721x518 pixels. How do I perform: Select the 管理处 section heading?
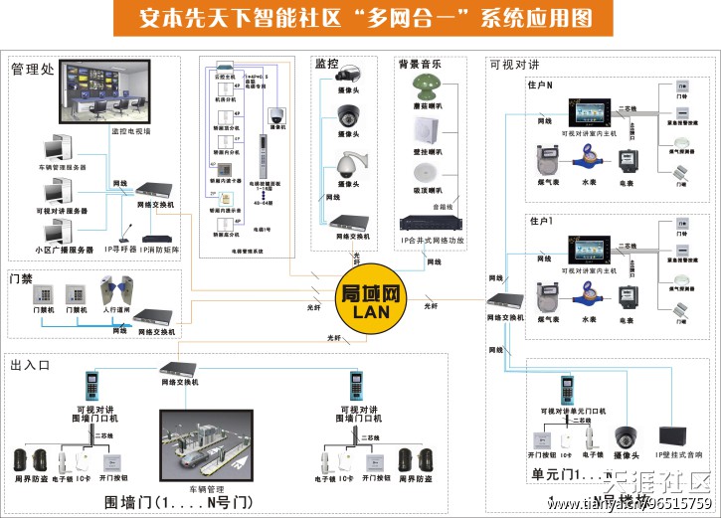(x=32, y=70)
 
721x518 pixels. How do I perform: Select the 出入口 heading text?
(x=30, y=366)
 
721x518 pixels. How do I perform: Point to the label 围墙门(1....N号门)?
(x=179, y=501)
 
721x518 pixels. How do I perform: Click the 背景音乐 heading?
(x=421, y=64)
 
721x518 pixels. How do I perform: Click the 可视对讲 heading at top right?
(x=514, y=65)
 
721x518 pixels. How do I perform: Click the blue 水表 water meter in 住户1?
(x=588, y=297)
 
